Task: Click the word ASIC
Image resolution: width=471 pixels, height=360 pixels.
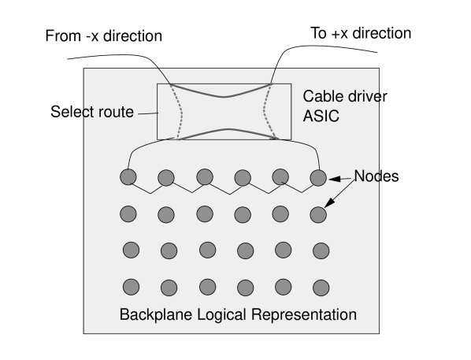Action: coord(321,117)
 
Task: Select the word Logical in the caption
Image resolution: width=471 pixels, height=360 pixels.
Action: coord(217,315)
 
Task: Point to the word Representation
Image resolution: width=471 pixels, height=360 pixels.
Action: coord(303,315)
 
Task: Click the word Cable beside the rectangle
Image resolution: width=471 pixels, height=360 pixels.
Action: coord(323,97)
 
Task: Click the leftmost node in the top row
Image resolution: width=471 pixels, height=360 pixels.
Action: coord(128,177)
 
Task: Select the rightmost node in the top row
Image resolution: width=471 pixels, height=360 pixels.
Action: coord(317,177)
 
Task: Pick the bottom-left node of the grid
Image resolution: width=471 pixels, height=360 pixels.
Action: coord(131,287)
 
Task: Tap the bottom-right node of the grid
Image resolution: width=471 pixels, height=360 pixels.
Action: coord(321,287)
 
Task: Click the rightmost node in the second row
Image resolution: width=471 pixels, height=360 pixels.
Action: coord(318,213)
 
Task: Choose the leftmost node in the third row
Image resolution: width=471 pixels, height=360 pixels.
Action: coord(131,250)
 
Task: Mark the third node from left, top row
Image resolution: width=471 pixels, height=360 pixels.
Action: coord(204,176)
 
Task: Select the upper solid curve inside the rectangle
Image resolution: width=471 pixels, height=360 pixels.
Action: coord(225,96)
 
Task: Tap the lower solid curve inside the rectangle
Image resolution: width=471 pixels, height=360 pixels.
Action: coord(225,129)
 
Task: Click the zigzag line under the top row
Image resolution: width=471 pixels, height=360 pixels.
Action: coord(224,191)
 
